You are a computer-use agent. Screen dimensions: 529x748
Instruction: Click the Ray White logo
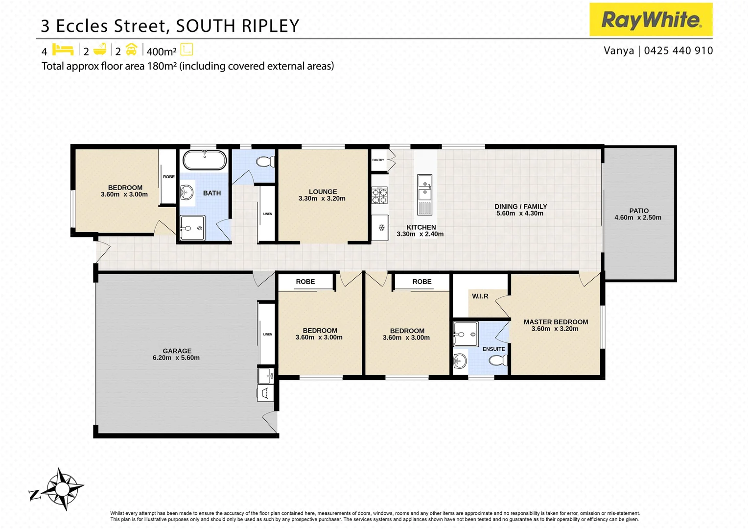tap(651, 20)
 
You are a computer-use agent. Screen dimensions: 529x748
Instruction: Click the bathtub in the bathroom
tap(205, 160)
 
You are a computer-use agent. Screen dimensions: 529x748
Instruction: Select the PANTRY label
tap(378, 160)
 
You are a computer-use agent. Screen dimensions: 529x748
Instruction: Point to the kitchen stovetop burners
tap(379, 195)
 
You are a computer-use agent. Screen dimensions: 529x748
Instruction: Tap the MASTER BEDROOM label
tap(556, 322)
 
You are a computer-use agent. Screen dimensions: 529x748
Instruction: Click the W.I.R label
tap(480, 296)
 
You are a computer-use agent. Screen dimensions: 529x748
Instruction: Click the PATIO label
tap(639, 211)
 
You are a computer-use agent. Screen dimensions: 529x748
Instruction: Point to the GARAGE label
tap(177, 351)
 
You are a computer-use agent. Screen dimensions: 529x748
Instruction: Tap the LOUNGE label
tap(323, 192)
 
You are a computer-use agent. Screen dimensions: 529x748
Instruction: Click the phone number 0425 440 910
tap(678, 50)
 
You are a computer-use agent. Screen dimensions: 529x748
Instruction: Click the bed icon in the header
tap(63, 50)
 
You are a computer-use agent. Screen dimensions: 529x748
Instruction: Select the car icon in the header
tap(131, 49)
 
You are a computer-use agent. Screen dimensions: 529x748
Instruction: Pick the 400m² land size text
tap(162, 51)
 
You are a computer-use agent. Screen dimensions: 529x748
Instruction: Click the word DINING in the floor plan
tap(506, 207)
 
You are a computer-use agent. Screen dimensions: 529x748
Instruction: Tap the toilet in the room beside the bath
tap(266, 162)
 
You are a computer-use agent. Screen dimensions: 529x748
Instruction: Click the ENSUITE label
tap(493, 349)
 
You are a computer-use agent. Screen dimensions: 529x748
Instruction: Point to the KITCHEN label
tap(421, 227)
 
